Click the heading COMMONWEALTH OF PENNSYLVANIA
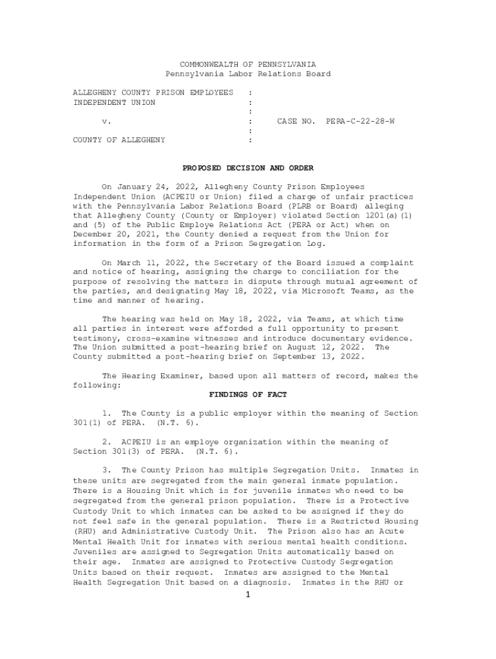tap(248, 64)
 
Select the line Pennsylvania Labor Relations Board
tap(248, 74)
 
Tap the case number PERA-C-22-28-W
tap(360, 120)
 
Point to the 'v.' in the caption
tap(107, 120)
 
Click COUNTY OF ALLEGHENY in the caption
tap(119, 140)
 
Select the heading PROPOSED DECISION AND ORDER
tap(248, 168)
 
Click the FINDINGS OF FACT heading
tap(248, 394)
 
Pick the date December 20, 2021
tap(111, 234)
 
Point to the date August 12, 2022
tap(326, 348)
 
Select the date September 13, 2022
tap(318, 357)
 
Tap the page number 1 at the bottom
tap(247, 595)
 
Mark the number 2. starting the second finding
tap(107, 442)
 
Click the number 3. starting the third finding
tap(107, 470)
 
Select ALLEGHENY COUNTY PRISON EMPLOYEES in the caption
tap(153, 93)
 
